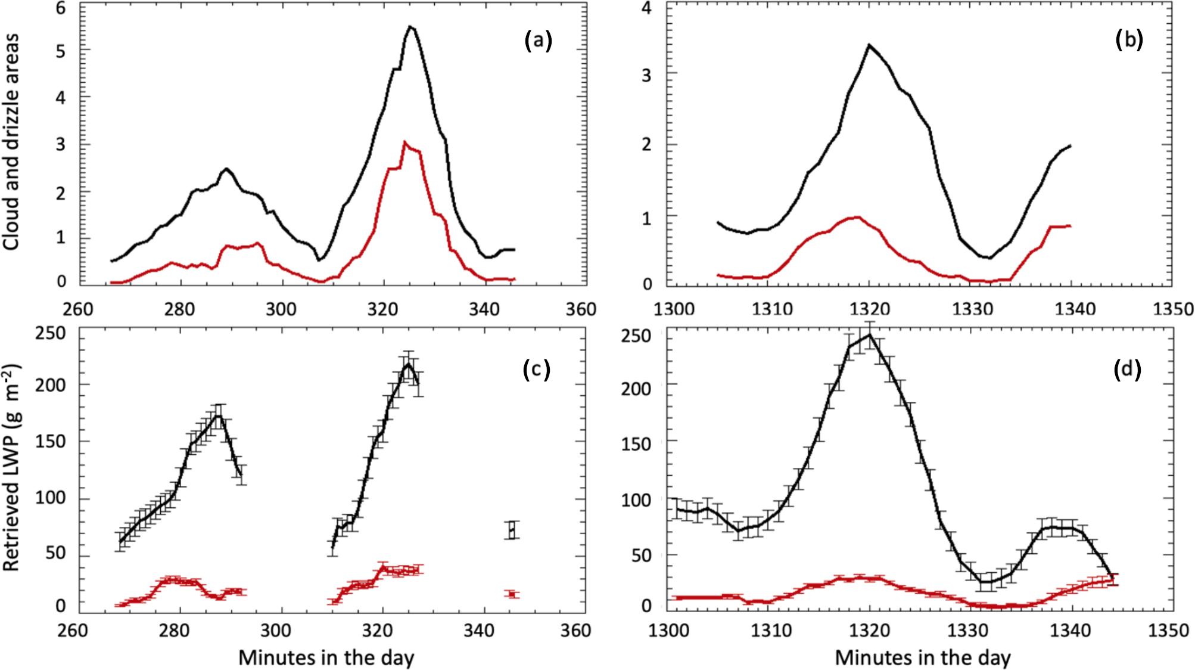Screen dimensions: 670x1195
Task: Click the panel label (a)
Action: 538,41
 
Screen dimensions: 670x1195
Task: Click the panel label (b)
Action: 1129,39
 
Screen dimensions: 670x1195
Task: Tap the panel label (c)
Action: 536,369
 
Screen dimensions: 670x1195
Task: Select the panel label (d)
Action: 1127,370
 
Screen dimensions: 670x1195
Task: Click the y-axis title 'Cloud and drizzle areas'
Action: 11,142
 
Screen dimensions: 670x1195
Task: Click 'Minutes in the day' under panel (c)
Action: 326,657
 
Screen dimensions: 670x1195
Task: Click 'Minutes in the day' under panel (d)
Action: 922,657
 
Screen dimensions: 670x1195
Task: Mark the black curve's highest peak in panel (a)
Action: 410,26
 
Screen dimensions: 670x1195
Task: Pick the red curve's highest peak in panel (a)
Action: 404,142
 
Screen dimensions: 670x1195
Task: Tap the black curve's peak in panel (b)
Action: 869,45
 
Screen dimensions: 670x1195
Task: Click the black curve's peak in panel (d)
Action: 870,334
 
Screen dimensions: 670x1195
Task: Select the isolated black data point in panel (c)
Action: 512,529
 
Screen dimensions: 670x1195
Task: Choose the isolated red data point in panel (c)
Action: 512,594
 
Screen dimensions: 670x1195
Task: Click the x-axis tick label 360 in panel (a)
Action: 581,309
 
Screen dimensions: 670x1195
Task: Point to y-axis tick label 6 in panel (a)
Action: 61,8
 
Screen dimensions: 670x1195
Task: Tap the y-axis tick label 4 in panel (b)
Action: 646,8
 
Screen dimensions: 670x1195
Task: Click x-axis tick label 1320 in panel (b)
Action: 870,309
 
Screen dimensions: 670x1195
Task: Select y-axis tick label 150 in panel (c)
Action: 51,441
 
